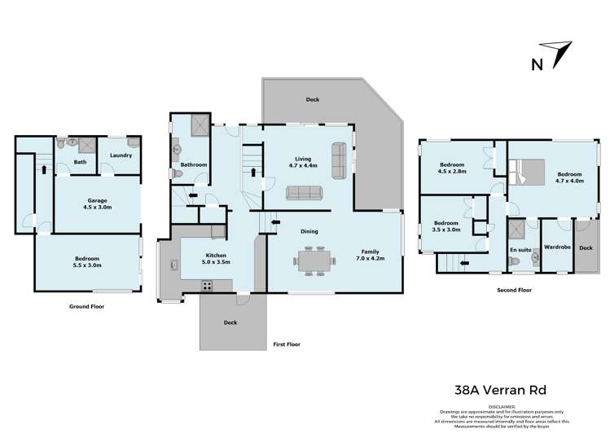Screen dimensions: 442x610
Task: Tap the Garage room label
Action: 98,204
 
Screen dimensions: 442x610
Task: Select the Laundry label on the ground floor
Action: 121,155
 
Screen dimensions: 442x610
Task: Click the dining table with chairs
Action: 314,261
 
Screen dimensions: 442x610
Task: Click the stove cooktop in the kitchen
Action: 207,286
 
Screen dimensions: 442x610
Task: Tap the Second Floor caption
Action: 514,289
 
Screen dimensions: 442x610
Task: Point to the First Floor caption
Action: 286,344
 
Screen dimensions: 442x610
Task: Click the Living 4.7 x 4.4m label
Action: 303,163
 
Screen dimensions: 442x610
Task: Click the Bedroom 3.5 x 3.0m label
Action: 446,226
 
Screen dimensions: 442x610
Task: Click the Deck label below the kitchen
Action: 231,322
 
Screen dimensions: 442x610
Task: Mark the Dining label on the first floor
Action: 308,231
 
